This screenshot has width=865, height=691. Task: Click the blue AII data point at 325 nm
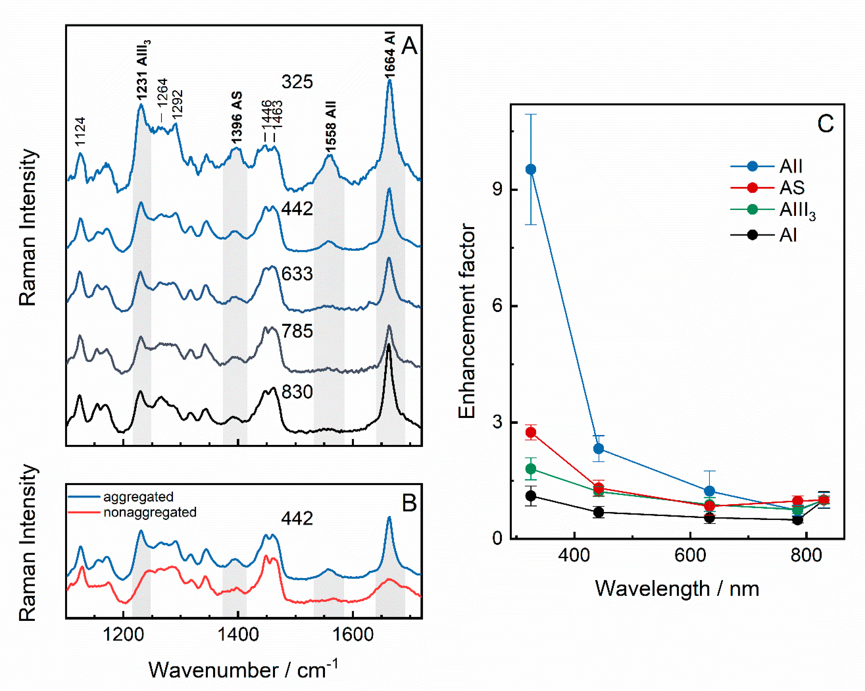(531, 169)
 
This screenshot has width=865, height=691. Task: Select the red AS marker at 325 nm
(531, 432)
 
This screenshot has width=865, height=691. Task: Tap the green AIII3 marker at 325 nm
(531, 468)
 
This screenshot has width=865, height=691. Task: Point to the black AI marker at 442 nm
(599, 512)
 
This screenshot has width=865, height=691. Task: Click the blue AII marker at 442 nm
(599, 448)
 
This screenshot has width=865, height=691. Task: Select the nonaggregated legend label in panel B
(150, 512)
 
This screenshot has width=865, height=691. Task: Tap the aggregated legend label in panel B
(139, 497)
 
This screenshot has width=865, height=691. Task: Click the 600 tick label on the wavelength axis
(690, 555)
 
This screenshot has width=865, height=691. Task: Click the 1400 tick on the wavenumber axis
(238, 635)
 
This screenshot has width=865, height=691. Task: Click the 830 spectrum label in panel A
(297, 392)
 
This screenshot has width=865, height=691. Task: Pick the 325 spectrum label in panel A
(297, 82)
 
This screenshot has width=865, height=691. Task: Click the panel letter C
(825, 124)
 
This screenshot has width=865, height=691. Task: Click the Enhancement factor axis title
(467, 321)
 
